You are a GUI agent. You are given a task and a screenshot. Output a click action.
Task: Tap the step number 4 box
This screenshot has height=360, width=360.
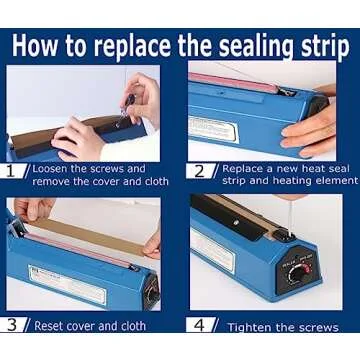[199, 324]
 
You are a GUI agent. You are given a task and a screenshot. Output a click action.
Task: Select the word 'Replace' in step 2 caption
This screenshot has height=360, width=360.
[243, 169]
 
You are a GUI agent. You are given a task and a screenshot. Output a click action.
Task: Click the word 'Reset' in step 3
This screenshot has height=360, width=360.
[51, 325]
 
